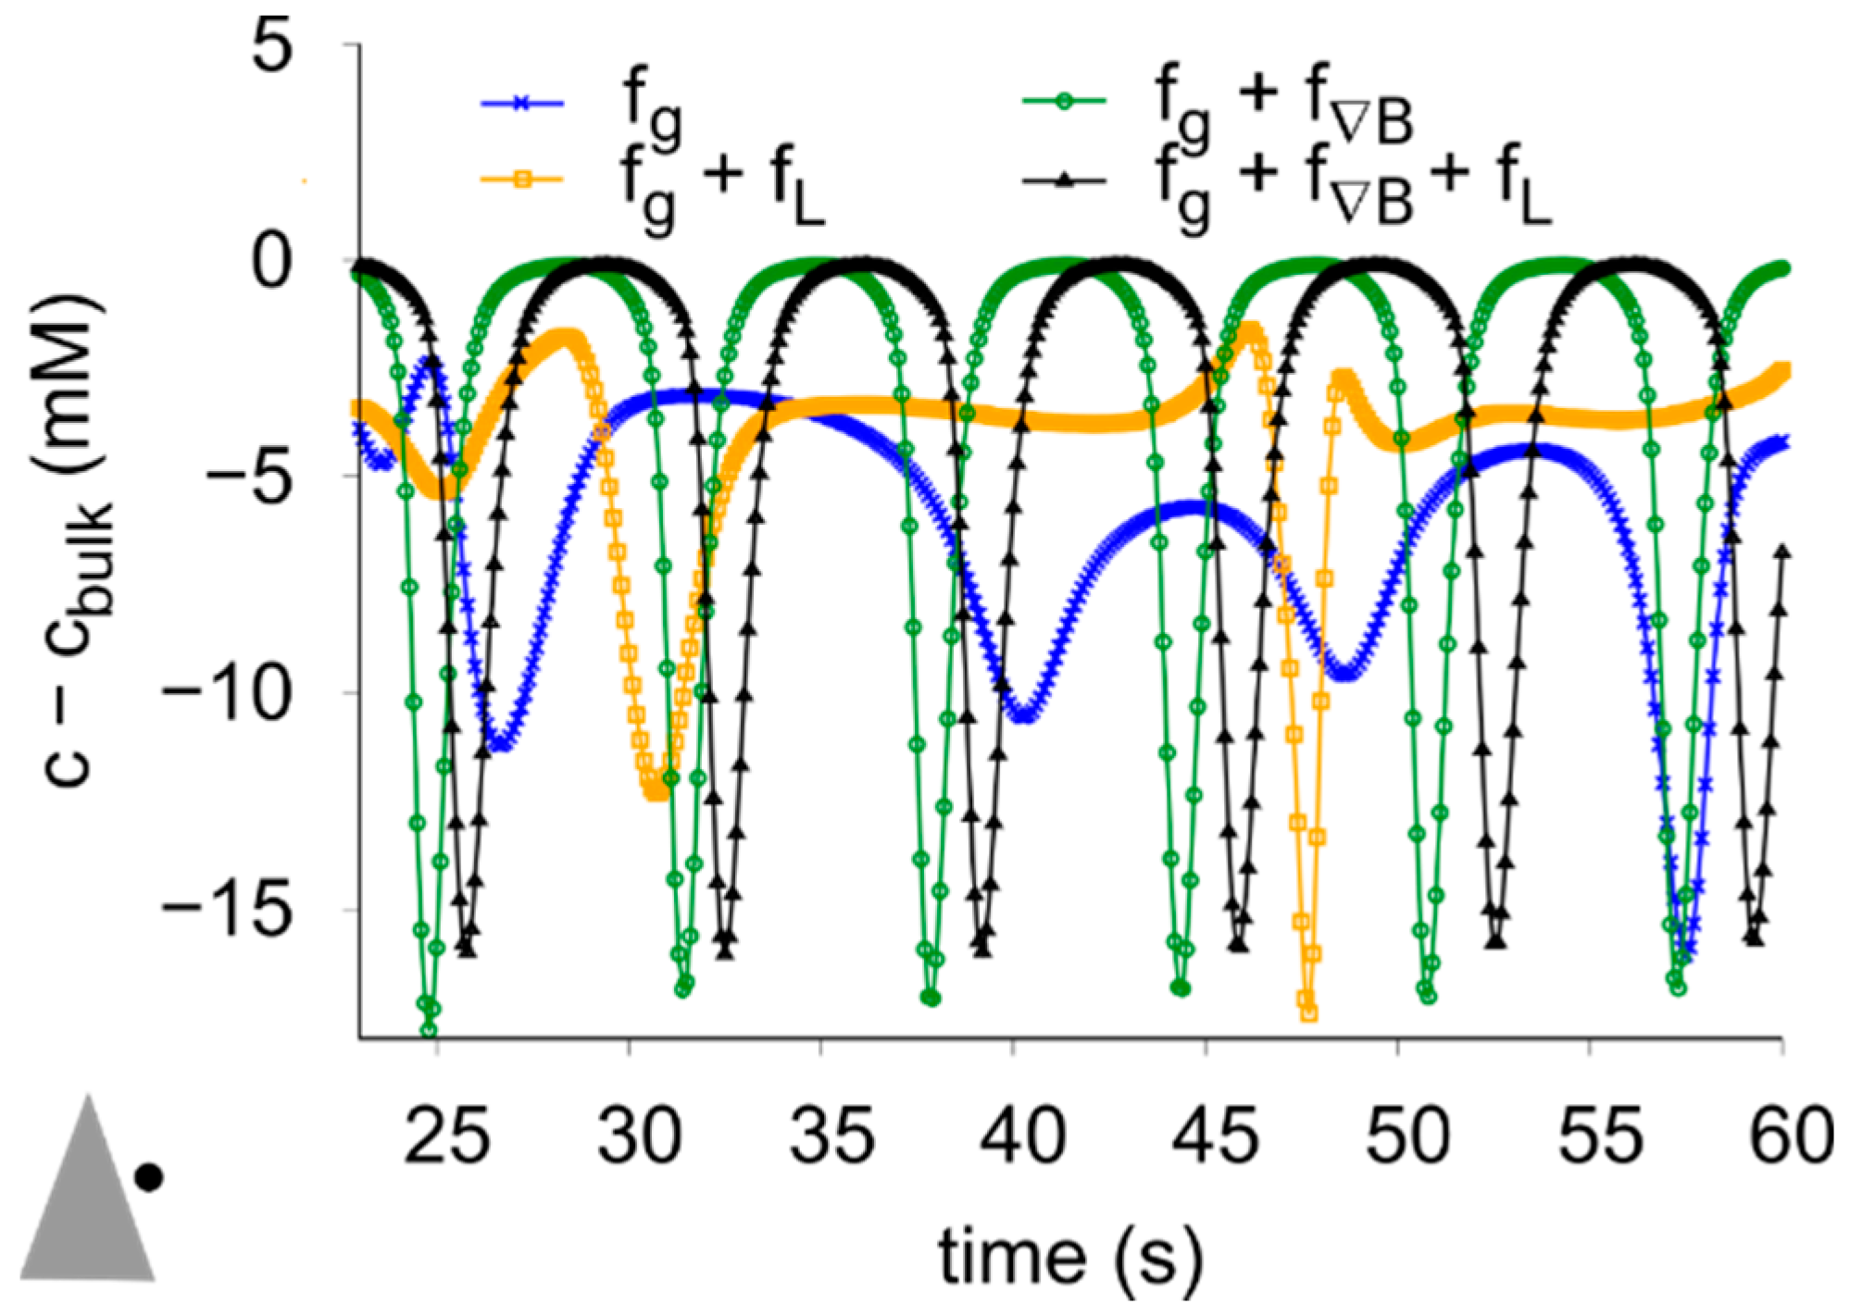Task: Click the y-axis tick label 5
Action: tap(272, 46)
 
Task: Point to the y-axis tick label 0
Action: tap(272, 262)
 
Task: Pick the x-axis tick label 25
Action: tap(446, 1136)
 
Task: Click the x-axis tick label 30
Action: tap(639, 1136)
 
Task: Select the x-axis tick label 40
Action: tap(1022, 1136)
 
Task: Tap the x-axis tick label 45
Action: tap(1215, 1136)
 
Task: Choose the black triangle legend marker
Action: tap(1064, 180)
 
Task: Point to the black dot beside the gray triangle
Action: tap(149, 1178)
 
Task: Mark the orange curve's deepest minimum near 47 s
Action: tap(1308, 1012)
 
